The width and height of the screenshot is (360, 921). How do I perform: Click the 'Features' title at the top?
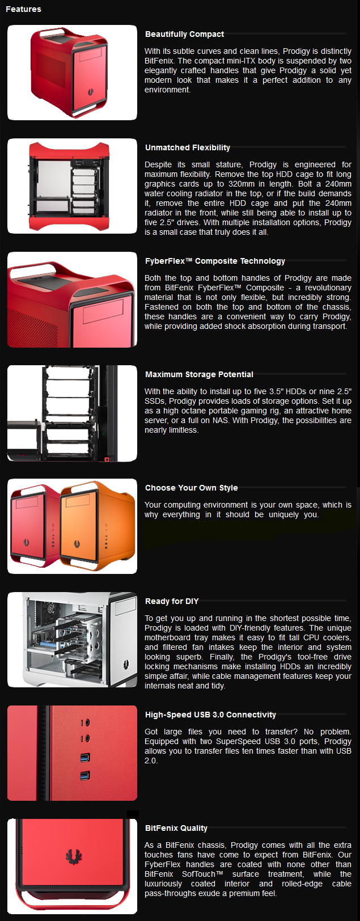point(23,9)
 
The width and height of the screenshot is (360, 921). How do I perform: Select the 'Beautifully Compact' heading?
point(184,34)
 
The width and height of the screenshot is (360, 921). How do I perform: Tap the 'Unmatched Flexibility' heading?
point(187,147)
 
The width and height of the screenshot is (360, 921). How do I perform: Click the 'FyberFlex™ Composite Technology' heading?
point(215,261)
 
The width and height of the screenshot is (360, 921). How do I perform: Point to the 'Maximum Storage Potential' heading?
point(199,374)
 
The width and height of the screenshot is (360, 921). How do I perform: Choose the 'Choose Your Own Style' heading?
point(191,488)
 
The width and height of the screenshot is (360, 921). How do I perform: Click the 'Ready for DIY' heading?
point(172,601)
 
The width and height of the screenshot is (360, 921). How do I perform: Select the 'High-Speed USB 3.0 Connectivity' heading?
point(210,715)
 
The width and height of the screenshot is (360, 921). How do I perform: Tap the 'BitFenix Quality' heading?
point(176,828)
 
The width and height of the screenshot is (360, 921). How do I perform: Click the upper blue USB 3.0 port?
point(84,757)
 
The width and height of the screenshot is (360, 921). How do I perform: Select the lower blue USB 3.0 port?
point(84,775)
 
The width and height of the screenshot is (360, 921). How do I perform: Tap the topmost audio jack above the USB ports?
point(84,723)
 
